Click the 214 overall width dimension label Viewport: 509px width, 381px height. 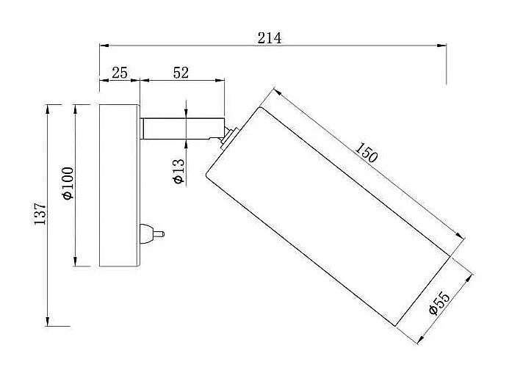[x=270, y=38]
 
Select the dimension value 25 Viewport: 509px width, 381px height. [x=120, y=73]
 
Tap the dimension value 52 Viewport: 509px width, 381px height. [x=181, y=73]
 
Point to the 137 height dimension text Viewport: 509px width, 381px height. [x=40, y=214]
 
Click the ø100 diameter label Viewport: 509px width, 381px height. [x=68, y=183]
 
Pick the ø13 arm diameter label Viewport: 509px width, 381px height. [x=179, y=171]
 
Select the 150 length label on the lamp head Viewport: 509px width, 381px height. [x=367, y=153]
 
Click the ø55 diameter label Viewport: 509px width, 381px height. [x=439, y=303]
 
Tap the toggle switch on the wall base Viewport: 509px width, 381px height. [x=152, y=233]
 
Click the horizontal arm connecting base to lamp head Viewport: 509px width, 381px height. [x=182, y=128]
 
